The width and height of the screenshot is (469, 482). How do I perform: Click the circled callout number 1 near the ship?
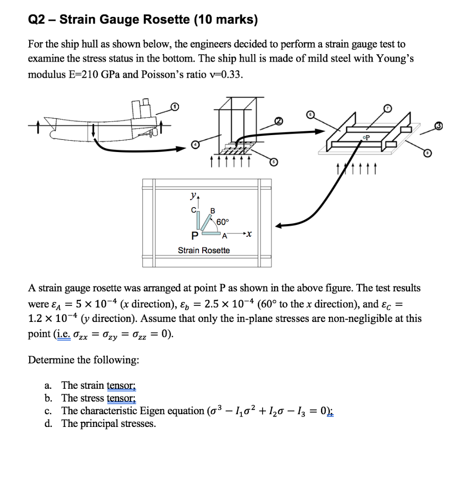coord(174,108)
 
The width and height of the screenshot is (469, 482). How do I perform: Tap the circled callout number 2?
coord(279,121)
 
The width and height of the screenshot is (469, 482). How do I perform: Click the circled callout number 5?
coord(272,162)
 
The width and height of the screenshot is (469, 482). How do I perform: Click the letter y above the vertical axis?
coord(193,195)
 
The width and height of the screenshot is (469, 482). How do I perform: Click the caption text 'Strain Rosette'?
coord(204,250)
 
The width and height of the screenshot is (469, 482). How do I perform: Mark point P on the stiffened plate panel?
coord(366,138)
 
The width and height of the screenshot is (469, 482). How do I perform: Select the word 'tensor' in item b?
coord(122,398)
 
